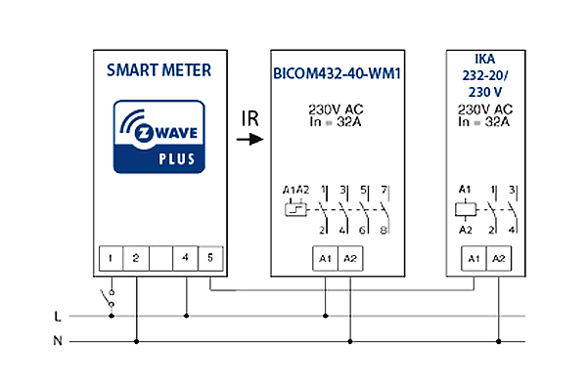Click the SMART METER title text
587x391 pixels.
coord(158,70)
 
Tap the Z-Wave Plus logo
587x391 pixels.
coord(159,137)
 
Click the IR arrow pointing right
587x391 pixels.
coord(250,140)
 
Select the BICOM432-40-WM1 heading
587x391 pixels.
coord(337,73)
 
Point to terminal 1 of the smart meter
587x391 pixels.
coord(111,258)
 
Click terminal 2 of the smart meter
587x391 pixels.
coord(136,258)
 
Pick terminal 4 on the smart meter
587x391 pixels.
coord(185,258)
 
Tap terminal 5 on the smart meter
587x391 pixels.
coord(210,258)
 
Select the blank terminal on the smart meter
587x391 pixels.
coord(161,258)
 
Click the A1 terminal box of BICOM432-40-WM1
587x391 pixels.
coord(326,258)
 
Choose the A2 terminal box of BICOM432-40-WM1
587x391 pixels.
coord(350,258)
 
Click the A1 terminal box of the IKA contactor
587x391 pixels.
coord(474,258)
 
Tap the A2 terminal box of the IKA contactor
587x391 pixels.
coord(499,258)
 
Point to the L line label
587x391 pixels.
coord(58,317)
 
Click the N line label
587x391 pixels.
coord(58,341)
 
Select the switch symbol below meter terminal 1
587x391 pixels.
coord(108,298)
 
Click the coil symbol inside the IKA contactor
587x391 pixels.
coord(466,210)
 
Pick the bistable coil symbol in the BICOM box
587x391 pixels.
coord(295,210)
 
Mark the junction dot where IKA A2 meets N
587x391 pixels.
coord(499,341)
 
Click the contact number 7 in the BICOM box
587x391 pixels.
coord(384,190)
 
